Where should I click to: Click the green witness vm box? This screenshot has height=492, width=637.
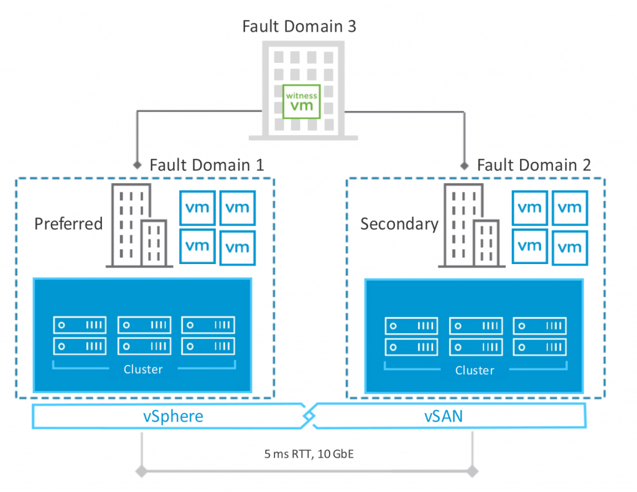click(x=302, y=101)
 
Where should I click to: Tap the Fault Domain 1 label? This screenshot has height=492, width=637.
click(x=207, y=165)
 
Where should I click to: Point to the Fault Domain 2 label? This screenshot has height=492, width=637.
click(x=534, y=165)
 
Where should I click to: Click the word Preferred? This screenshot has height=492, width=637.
click(x=68, y=224)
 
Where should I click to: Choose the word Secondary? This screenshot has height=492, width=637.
click(x=399, y=224)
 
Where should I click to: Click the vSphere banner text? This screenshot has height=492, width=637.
click(x=174, y=415)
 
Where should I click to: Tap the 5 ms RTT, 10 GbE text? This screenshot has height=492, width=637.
click(x=308, y=454)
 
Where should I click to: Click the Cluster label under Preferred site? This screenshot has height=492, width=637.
click(x=143, y=369)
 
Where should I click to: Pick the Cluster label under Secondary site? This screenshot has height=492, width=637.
click(x=475, y=371)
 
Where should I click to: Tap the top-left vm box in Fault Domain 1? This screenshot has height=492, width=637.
click(x=198, y=207)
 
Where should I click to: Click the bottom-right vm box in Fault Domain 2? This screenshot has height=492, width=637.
click(x=570, y=247)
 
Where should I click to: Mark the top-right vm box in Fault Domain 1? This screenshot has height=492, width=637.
click(x=238, y=207)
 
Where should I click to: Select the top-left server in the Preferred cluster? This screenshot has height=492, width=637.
click(x=79, y=324)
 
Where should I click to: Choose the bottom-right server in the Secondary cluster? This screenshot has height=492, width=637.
click(x=540, y=346)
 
